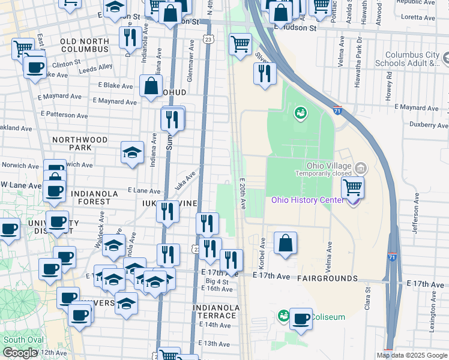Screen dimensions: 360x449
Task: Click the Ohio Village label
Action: click(x=324, y=166)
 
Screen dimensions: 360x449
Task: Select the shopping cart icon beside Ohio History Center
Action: click(x=352, y=187)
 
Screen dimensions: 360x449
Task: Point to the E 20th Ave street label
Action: click(x=243, y=194)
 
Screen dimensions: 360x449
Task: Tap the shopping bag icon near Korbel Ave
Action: click(x=286, y=244)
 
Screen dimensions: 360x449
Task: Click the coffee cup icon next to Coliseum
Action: click(x=301, y=319)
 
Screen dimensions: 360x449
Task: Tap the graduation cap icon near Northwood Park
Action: click(x=132, y=152)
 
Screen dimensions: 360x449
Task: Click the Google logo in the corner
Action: click(x=20, y=353)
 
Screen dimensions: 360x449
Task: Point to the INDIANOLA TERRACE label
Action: click(x=216, y=311)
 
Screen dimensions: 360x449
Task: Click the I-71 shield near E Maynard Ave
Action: click(x=338, y=110)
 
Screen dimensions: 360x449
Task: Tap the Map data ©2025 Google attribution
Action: click(x=412, y=355)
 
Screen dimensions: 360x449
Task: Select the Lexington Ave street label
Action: click(x=432, y=312)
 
